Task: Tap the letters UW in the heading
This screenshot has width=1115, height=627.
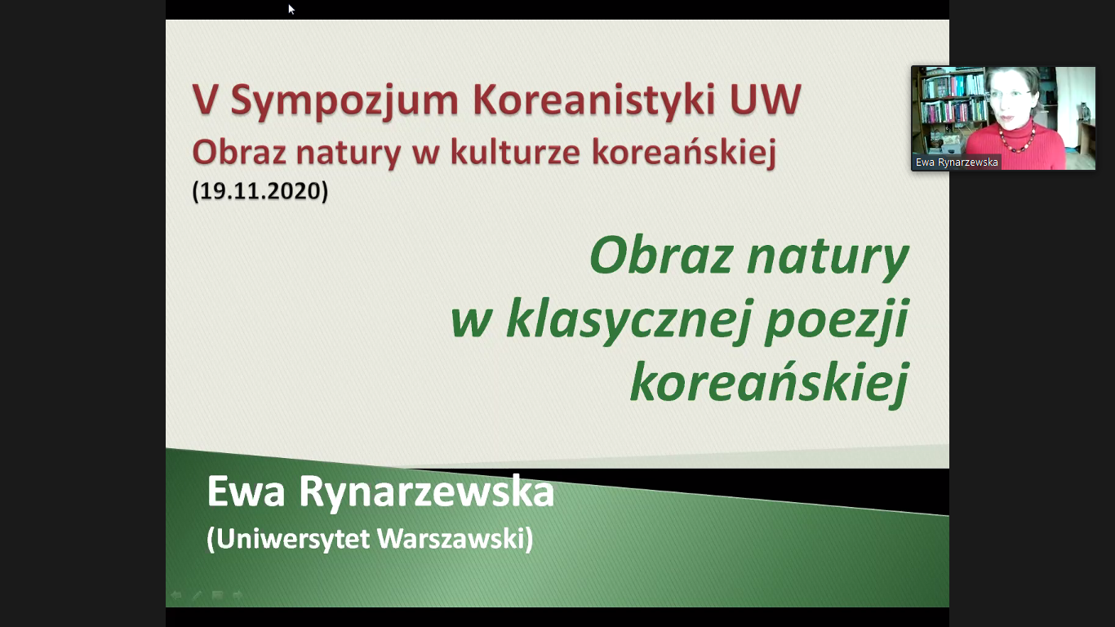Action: [766, 99]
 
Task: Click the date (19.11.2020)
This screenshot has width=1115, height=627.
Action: [260, 191]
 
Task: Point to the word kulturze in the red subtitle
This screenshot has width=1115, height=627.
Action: [515, 151]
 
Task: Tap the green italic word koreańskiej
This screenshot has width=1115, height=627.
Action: [770, 382]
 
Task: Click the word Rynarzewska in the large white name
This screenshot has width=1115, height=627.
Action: [427, 492]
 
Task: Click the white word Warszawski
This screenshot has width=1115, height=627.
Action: [455, 538]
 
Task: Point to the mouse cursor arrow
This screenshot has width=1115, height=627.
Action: [291, 9]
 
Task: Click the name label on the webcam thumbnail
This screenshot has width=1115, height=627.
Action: [956, 162]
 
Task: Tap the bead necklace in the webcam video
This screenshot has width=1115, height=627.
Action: [1017, 139]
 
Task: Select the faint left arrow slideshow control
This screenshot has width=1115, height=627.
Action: [176, 595]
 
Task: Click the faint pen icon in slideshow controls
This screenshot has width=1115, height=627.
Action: [197, 595]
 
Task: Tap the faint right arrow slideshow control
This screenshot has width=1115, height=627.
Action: [238, 595]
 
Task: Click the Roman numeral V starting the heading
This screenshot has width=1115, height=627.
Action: [206, 100]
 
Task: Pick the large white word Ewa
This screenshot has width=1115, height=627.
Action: [246, 492]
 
